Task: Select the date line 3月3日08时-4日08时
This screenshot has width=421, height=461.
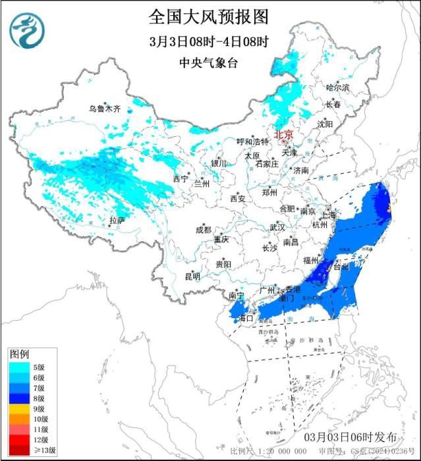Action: click(210, 41)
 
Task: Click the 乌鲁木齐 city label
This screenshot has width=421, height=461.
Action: click(105, 109)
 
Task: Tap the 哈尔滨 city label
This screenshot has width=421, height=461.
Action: click(338, 88)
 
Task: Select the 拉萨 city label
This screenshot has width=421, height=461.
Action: click(117, 220)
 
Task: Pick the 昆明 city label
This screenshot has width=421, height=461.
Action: click(192, 275)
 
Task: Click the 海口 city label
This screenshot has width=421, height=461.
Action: click(246, 318)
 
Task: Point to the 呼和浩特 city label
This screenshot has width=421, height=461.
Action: click(253, 142)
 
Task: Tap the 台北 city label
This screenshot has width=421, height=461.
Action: click(341, 267)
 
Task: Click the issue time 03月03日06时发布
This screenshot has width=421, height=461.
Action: click(350, 437)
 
